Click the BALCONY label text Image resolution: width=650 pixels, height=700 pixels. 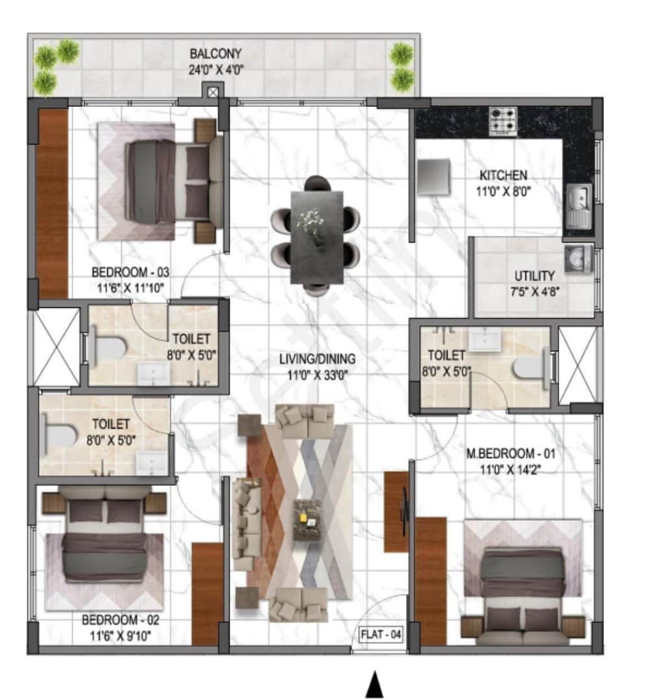pyautogui.click(x=217, y=53)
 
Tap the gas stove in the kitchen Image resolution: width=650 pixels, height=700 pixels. pyautogui.click(x=503, y=121)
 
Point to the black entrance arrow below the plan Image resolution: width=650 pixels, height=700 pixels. pyautogui.click(x=374, y=685)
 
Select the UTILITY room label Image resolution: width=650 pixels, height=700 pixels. pyautogui.click(x=534, y=275)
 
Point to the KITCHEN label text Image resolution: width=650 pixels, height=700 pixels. pyautogui.click(x=503, y=175)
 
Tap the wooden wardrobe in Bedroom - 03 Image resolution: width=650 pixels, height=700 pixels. pyautogui.click(x=53, y=203)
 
